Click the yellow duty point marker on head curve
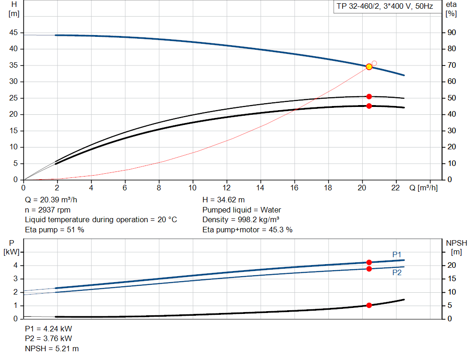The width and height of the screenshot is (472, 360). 369,67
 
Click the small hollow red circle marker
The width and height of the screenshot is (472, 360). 374,63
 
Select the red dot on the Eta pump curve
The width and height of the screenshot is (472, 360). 369,96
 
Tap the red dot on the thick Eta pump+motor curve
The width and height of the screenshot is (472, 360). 369,106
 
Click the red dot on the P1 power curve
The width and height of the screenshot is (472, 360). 369,262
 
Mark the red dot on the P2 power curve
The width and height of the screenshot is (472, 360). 369,269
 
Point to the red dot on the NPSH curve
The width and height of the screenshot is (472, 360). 369,305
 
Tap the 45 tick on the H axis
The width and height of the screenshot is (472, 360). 13,33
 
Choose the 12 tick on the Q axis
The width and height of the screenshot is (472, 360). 226,188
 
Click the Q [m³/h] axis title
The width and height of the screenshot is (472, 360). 423,188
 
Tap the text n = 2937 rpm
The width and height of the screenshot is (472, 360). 48,210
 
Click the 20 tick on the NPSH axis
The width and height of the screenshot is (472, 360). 451,266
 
